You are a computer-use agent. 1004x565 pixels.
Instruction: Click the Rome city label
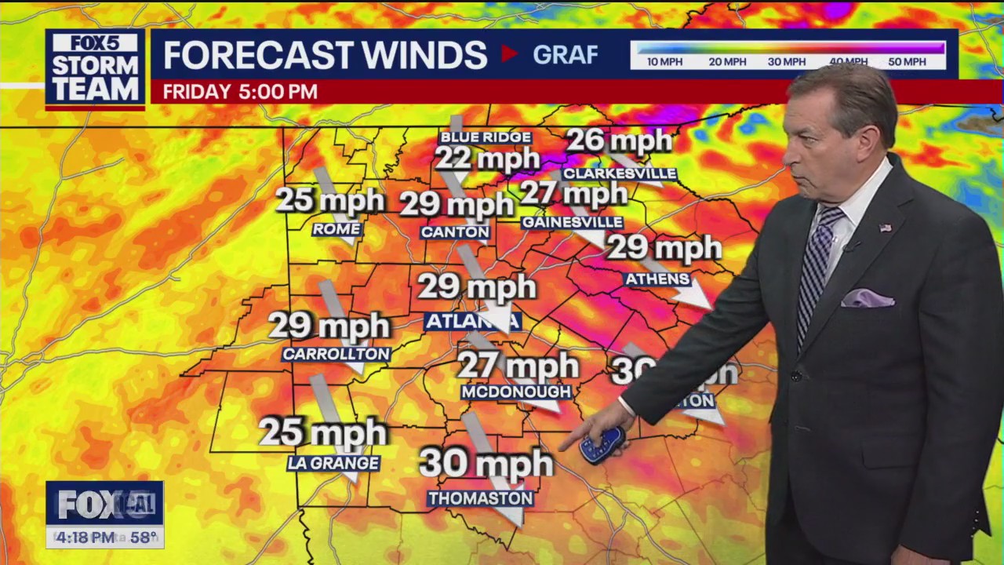[336, 229]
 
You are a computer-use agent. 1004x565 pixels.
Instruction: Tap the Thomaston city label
[480, 498]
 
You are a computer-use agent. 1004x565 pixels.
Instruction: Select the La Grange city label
[333, 463]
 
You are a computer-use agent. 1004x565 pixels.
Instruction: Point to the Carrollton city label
[336, 354]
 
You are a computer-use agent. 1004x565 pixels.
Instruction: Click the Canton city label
[455, 232]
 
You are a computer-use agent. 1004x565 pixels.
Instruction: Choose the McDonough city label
[515, 392]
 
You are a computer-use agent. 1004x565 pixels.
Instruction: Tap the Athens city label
[657, 279]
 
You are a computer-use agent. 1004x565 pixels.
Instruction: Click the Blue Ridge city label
[486, 137]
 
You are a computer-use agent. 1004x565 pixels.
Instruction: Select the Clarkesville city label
[619, 173]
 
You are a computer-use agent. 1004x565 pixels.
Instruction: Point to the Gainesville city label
[572, 222]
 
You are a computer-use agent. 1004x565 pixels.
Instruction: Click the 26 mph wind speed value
[619, 141]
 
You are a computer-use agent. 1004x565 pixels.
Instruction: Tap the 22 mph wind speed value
[487, 159]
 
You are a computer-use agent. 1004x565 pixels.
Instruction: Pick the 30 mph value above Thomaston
[486, 463]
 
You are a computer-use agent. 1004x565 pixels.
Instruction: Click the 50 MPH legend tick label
[907, 62]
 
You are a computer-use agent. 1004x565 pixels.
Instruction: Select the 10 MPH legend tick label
[664, 62]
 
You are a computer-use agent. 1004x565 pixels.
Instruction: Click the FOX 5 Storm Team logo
[95, 69]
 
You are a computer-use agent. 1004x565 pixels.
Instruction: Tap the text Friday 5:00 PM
[240, 92]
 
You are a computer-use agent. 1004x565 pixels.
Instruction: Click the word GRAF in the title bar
[565, 54]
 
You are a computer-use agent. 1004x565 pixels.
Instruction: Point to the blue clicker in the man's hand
[602, 445]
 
